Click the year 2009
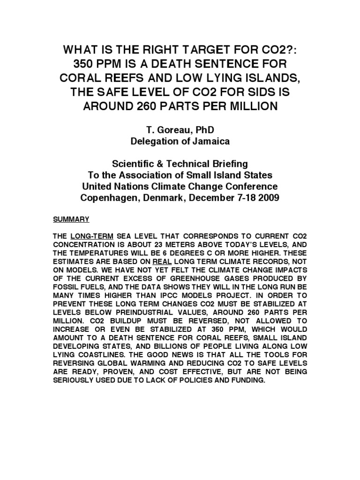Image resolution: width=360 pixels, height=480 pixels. click(x=268, y=198)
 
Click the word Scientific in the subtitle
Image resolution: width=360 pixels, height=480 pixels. click(x=135, y=164)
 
